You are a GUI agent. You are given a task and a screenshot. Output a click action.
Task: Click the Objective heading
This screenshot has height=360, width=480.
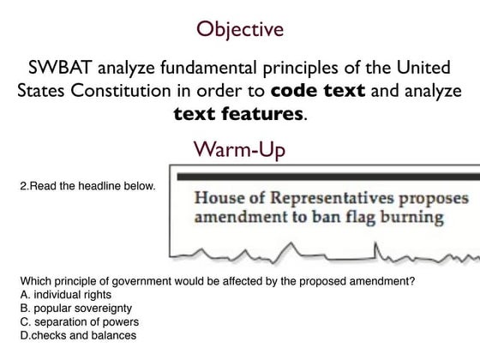coord(240,30)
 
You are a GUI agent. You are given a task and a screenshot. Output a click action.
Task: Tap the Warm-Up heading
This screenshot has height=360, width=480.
coord(239,150)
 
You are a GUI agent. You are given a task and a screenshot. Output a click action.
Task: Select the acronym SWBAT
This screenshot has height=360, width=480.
coord(59,68)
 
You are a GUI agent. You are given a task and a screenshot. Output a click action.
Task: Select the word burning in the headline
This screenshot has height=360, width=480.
coord(415,218)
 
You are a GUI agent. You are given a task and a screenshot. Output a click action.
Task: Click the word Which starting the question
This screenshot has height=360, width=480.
coord(34,280)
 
